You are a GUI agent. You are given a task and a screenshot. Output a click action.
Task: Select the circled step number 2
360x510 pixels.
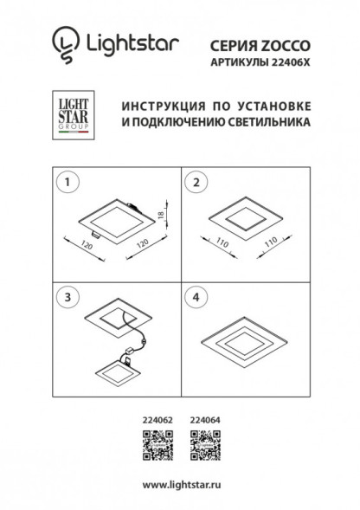(196, 183)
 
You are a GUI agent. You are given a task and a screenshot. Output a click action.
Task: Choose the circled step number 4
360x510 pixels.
(196, 296)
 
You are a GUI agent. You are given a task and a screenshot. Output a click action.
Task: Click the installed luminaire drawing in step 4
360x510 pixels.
(242, 339)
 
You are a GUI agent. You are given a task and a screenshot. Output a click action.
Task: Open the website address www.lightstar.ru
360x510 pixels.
(179, 486)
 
